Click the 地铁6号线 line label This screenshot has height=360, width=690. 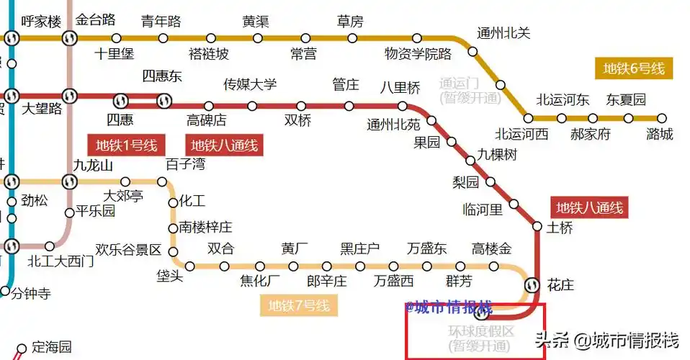tap(634, 69)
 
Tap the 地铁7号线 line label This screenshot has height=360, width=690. tap(298, 306)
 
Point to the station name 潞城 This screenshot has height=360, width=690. tap(660, 134)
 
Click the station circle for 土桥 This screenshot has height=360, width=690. tap(537, 226)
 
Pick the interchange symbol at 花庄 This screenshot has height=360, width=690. tap(532, 284)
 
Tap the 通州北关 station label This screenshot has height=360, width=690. tap(503, 33)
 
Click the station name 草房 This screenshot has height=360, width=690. tap(350, 20)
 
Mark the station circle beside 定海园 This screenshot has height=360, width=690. tap(22, 349)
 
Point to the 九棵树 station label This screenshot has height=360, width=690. tap(497, 155)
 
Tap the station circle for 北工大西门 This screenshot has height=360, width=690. tap(50, 246)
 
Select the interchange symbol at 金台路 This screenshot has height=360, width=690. tap(70, 37)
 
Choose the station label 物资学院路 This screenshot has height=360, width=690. tap(418, 54)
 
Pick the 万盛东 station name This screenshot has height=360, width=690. tap(426, 249)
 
